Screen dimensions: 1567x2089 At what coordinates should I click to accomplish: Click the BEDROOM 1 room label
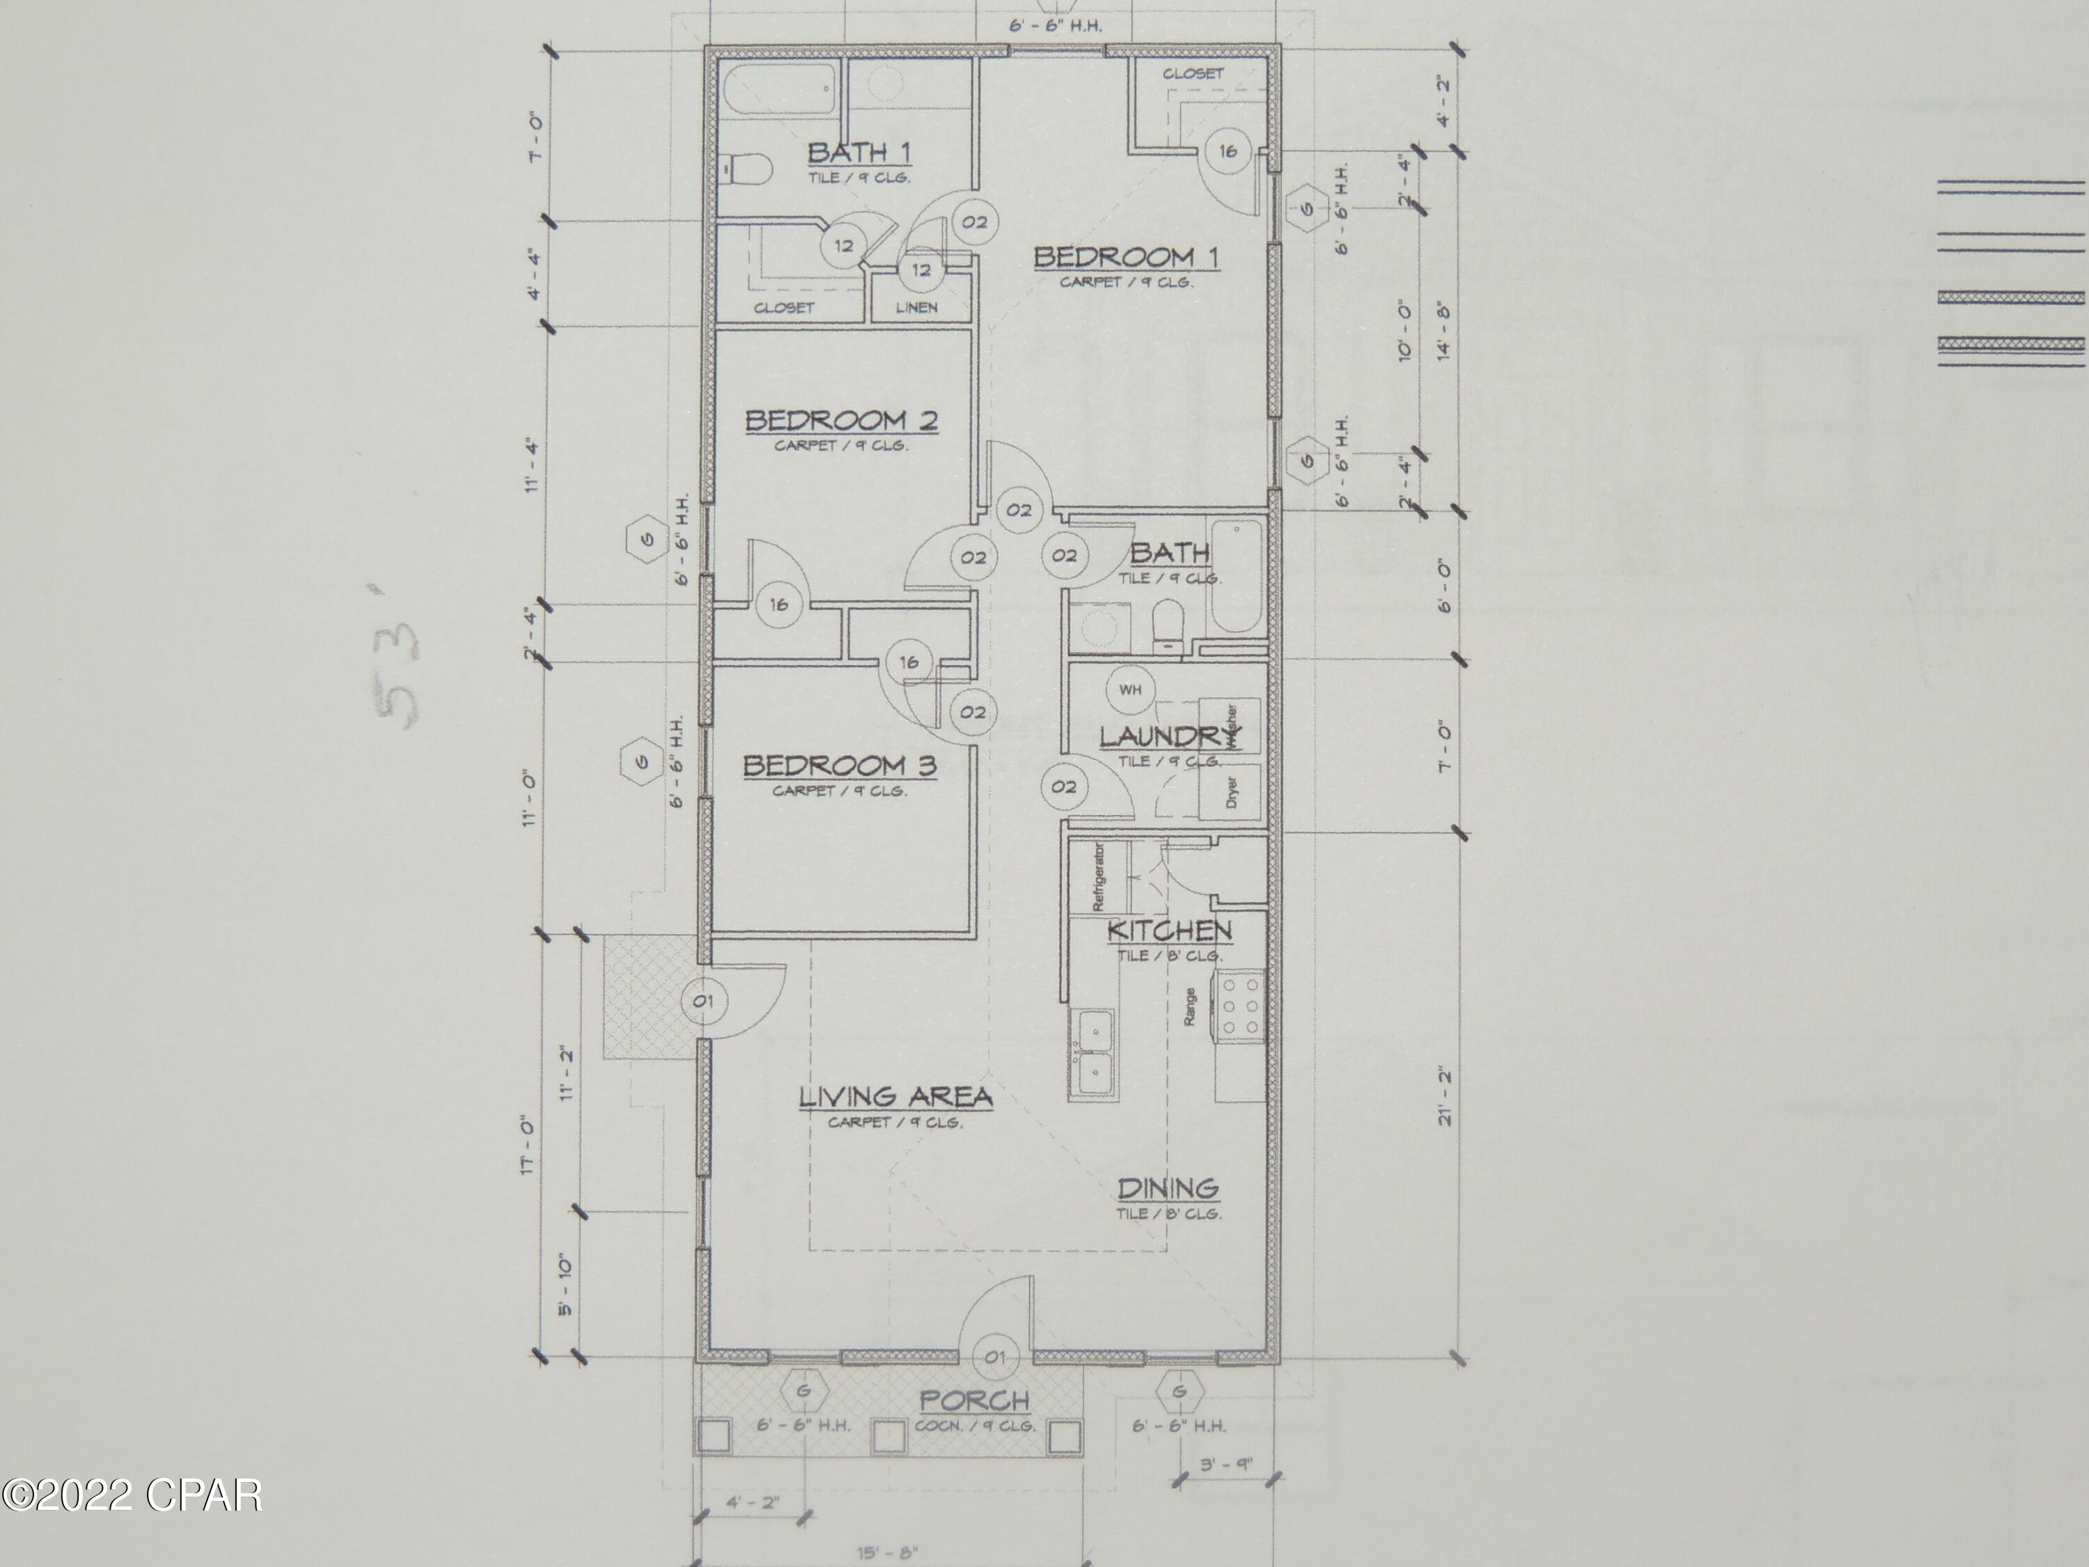[1126, 257]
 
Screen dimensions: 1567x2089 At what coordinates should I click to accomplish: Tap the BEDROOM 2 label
[841, 421]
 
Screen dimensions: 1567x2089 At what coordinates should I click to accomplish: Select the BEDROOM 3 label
[840, 765]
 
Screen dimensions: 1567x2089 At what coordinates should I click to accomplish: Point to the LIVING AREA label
[895, 1098]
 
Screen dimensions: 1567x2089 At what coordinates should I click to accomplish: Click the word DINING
[1168, 1188]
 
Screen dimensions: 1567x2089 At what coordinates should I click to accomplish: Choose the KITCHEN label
[1169, 930]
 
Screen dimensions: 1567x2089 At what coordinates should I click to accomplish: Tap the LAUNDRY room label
[1169, 737]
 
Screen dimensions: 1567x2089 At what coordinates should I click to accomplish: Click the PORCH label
[975, 1401]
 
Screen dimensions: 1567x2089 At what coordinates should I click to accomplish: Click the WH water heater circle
[1130, 689]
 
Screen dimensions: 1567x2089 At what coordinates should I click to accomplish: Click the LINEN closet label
[917, 307]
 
